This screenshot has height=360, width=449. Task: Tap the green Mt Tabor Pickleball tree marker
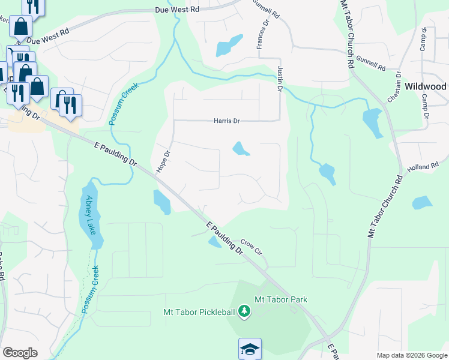tap(244, 311)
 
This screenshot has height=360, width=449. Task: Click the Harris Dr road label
tap(226, 121)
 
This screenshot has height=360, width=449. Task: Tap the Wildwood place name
tap(425, 86)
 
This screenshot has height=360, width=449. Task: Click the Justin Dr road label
tap(279, 79)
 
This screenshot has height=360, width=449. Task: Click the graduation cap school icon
tap(250, 349)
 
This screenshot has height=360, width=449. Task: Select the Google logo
tap(20, 352)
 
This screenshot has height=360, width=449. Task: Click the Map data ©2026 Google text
tap(411, 355)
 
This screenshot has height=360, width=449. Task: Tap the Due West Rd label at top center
tap(176, 10)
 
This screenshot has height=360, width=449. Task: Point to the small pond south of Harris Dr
tap(241, 148)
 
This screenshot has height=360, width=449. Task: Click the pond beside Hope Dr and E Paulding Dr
tap(161, 202)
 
